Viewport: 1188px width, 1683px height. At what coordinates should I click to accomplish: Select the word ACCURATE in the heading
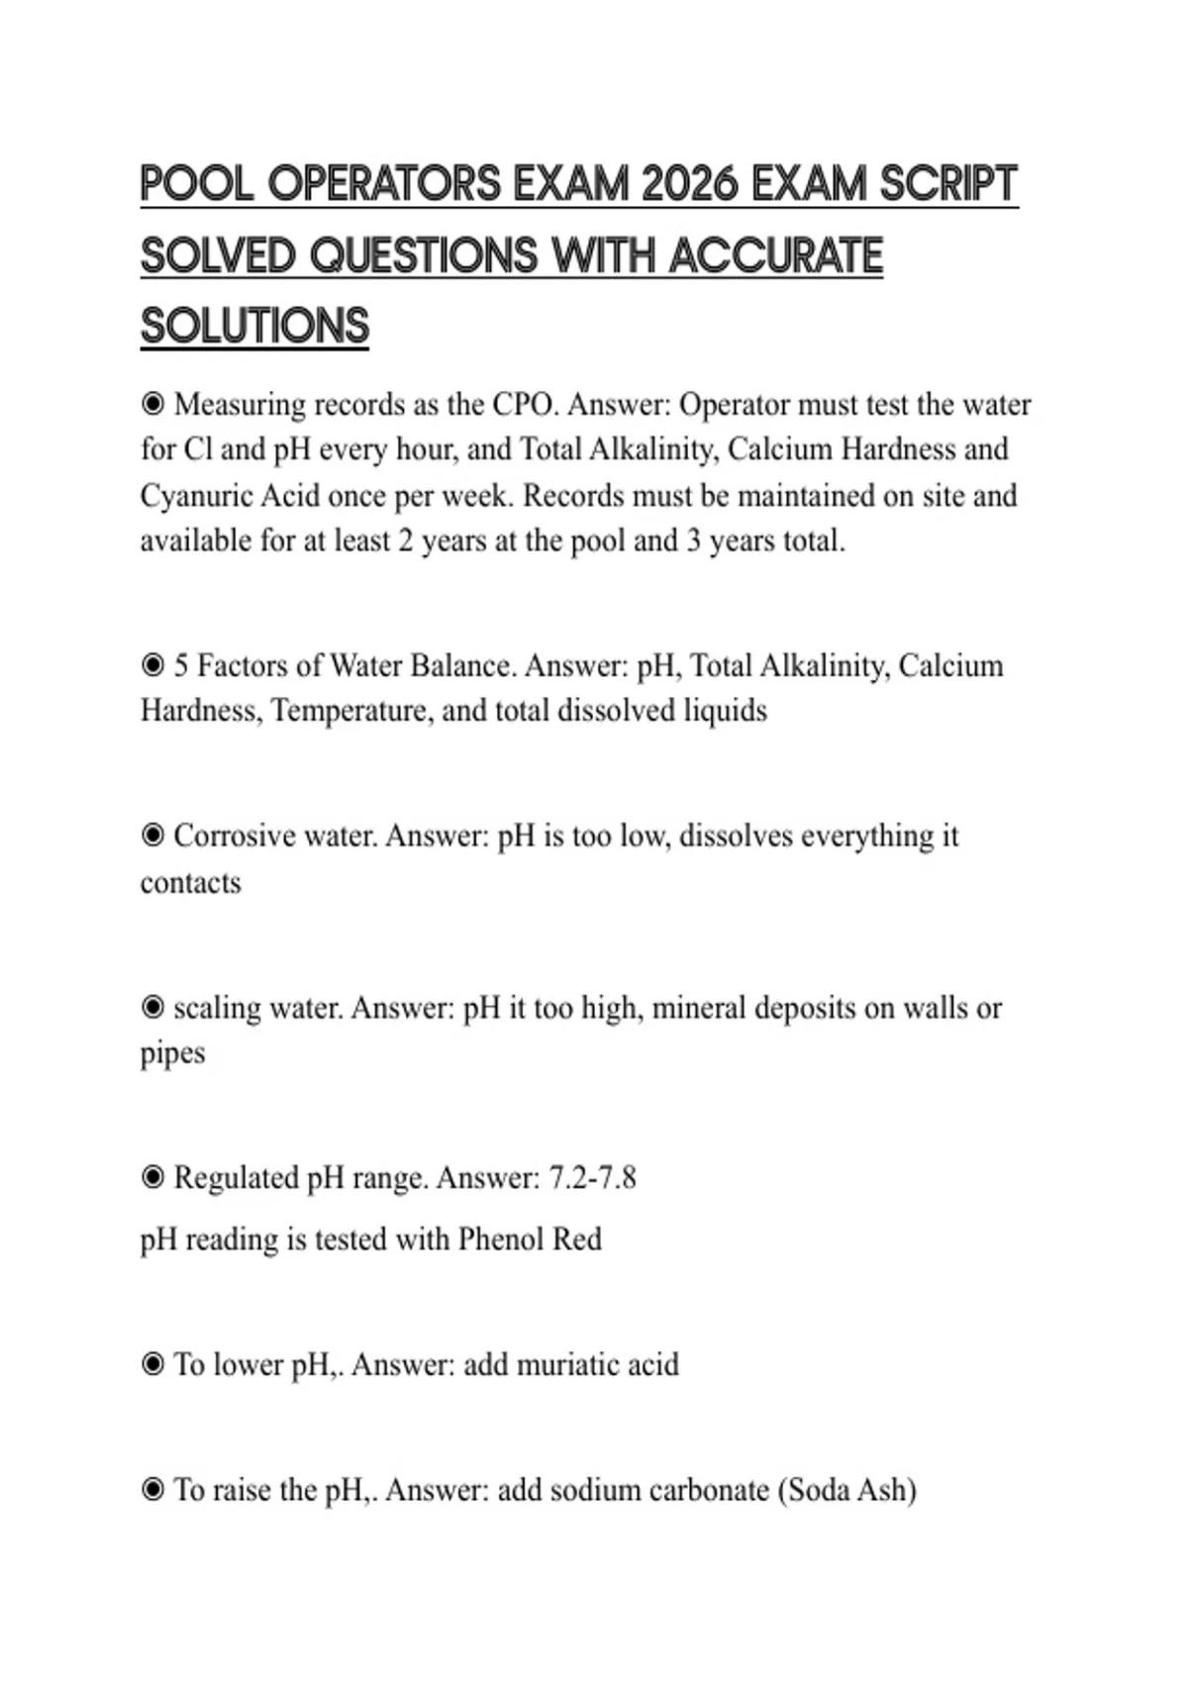tap(776, 255)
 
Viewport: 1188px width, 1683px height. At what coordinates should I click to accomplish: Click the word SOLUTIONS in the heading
tap(254, 327)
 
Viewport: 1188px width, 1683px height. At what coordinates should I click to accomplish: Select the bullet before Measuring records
tap(152, 404)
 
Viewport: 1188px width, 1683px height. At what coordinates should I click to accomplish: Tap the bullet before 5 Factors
tap(152, 665)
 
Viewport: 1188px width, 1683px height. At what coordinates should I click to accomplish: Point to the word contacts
tap(190, 882)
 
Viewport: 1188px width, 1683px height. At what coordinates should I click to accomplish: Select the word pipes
tap(172, 1052)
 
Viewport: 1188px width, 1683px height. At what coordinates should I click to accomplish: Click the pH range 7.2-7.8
tap(592, 1178)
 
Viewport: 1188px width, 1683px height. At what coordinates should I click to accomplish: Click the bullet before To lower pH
tap(152, 1365)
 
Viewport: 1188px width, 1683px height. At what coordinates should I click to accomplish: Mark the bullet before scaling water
tap(152, 1008)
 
